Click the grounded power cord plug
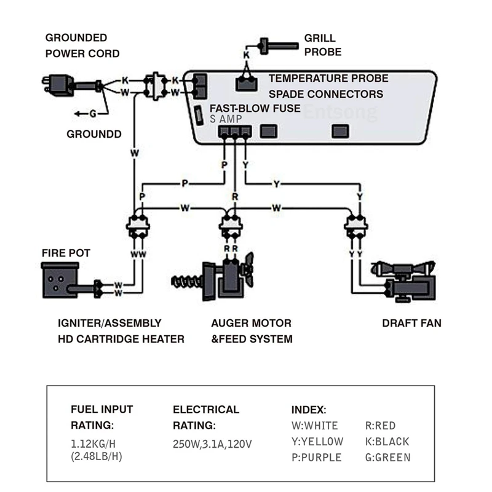[x=58, y=85]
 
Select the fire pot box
[x=60, y=280]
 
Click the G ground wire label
[x=93, y=113]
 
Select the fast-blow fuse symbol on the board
[x=199, y=115]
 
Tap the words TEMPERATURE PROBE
[x=328, y=79]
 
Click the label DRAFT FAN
[x=411, y=323]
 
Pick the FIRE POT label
[x=66, y=253]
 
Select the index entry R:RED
[x=380, y=426]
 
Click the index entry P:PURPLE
[x=318, y=458]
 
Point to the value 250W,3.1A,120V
[x=212, y=443]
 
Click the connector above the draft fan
[x=355, y=227]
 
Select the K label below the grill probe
[x=246, y=55]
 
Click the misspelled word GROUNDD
[x=94, y=134]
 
